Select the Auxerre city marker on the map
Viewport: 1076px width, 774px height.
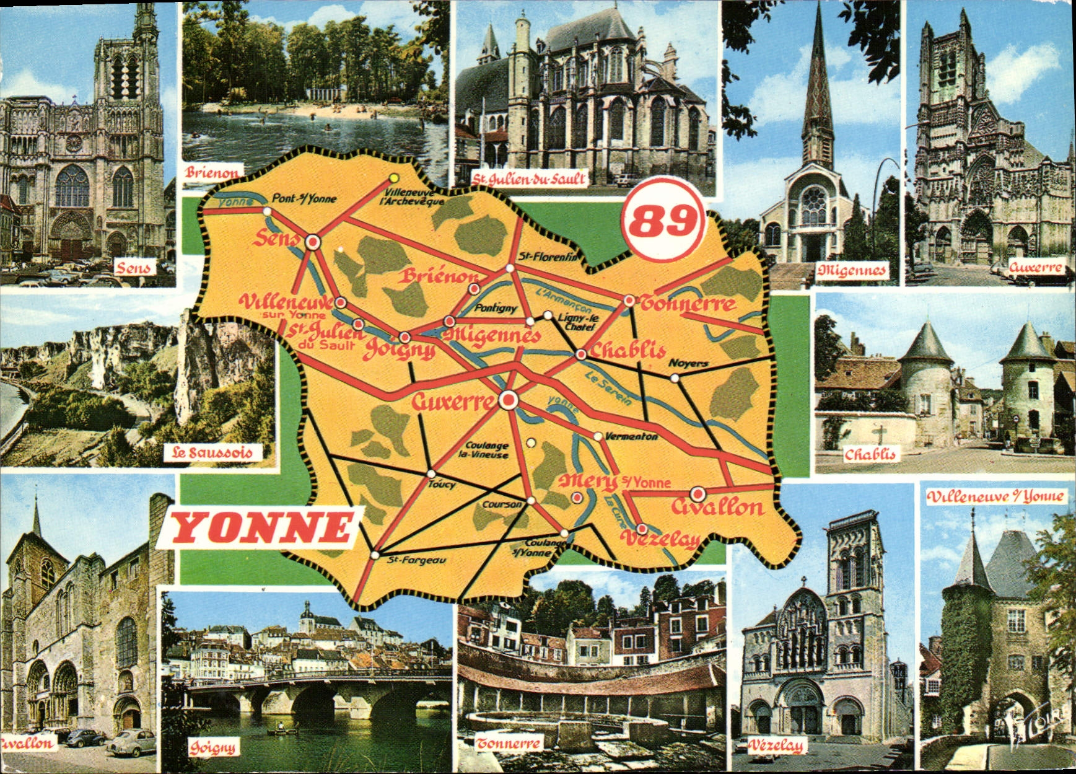(509, 400)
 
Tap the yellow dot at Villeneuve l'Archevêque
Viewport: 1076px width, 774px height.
(393, 178)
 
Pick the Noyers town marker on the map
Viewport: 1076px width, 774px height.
(675, 377)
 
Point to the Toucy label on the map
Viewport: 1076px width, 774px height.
(442, 484)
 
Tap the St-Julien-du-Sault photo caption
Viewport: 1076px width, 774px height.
(528, 180)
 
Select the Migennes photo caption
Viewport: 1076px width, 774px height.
(851, 270)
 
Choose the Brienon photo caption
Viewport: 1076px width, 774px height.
(211, 173)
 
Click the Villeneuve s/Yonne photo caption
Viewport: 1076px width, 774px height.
(996, 496)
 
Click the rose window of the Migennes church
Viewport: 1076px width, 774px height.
(813, 200)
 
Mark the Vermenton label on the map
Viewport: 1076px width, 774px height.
(631, 437)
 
